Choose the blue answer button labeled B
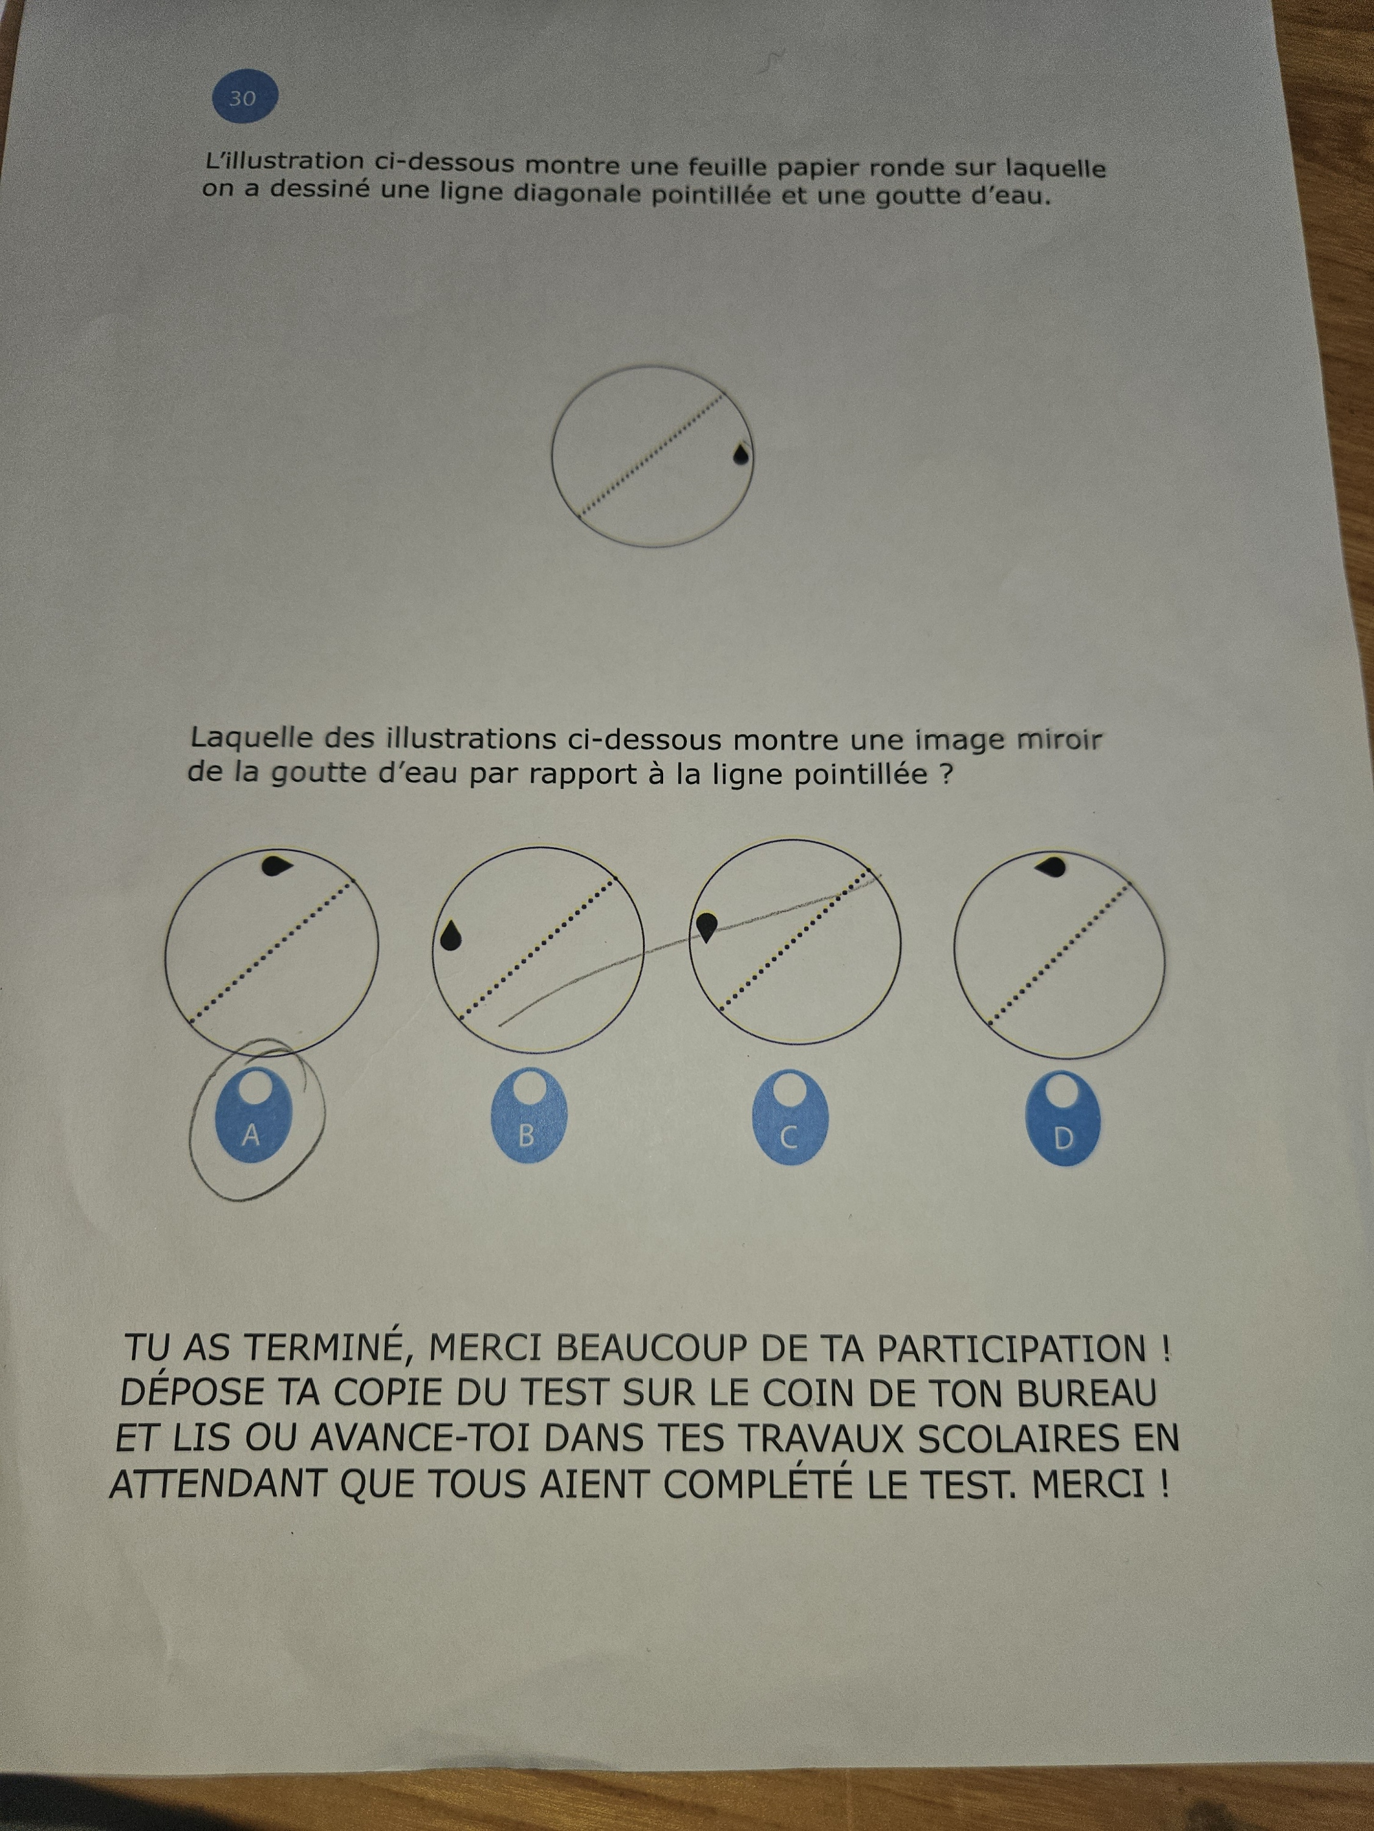527,1116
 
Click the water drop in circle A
277,866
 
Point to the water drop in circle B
451,936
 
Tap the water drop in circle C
707,926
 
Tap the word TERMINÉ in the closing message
327,1348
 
